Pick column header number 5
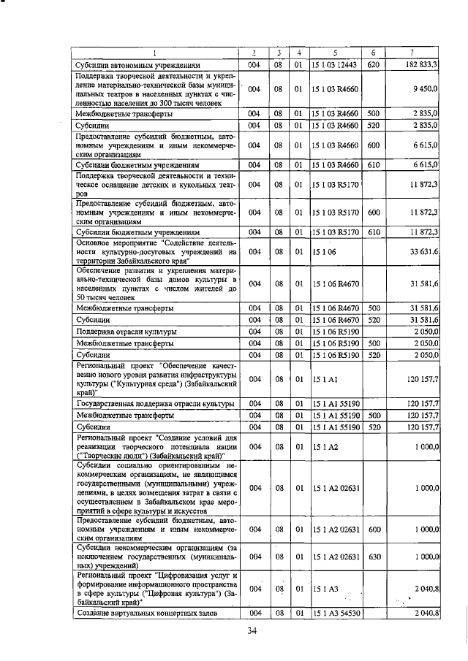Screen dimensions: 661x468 click(334, 53)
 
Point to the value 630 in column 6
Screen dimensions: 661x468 click(372, 557)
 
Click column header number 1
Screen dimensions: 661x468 click(156, 53)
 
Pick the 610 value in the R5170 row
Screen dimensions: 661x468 click(372, 232)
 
